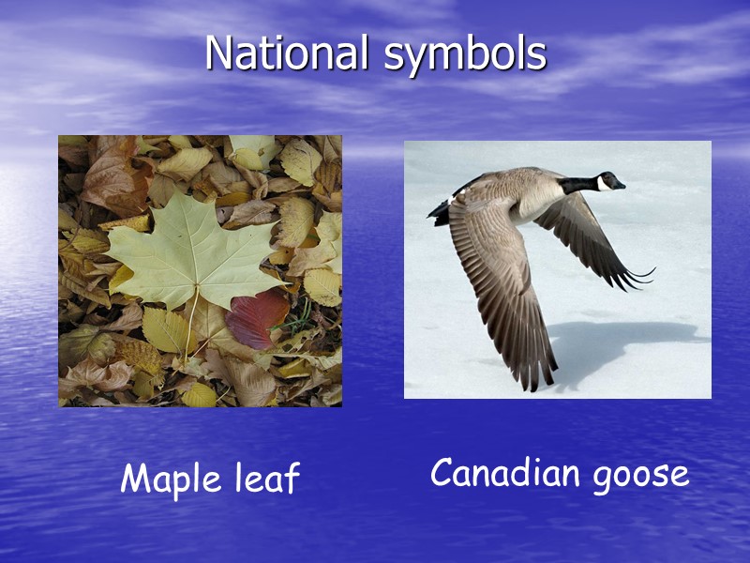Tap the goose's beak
click(621, 185)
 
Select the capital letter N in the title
click(218, 53)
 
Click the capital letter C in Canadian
click(442, 474)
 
